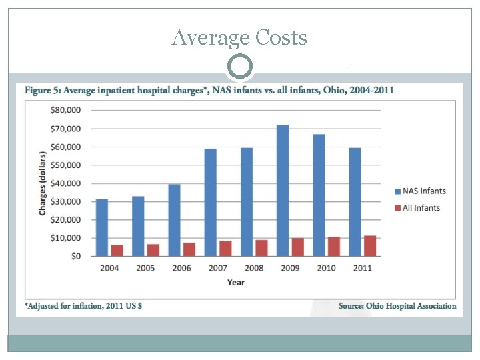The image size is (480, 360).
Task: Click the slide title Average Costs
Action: (x=239, y=38)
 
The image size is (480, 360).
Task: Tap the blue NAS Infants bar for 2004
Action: (x=102, y=227)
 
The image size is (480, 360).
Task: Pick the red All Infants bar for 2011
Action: (x=369, y=245)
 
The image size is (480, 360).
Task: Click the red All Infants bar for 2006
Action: (x=189, y=249)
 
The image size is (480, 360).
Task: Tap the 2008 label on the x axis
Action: (x=253, y=268)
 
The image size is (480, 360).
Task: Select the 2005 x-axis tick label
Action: (x=145, y=268)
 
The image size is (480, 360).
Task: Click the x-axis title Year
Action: (x=235, y=282)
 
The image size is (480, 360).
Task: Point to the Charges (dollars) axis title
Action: (x=43, y=183)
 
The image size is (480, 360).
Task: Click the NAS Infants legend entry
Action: (x=419, y=191)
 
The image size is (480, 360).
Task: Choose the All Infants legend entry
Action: (x=417, y=207)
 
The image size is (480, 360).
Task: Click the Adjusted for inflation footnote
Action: (x=83, y=306)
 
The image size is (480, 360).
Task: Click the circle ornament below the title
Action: (x=240, y=67)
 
